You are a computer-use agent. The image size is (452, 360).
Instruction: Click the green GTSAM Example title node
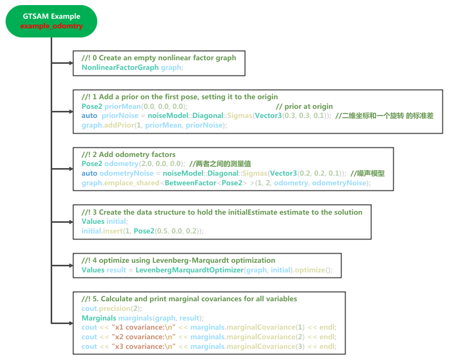click(x=51, y=21)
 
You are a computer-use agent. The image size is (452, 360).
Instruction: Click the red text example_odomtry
click(x=51, y=26)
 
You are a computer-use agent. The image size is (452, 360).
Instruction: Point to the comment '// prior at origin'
click(x=304, y=106)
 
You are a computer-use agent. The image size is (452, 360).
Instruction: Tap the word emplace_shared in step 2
click(x=131, y=182)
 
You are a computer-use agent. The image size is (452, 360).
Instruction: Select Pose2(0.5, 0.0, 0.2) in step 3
click(x=169, y=231)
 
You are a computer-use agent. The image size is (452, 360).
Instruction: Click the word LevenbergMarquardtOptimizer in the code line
click(x=190, y=270)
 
